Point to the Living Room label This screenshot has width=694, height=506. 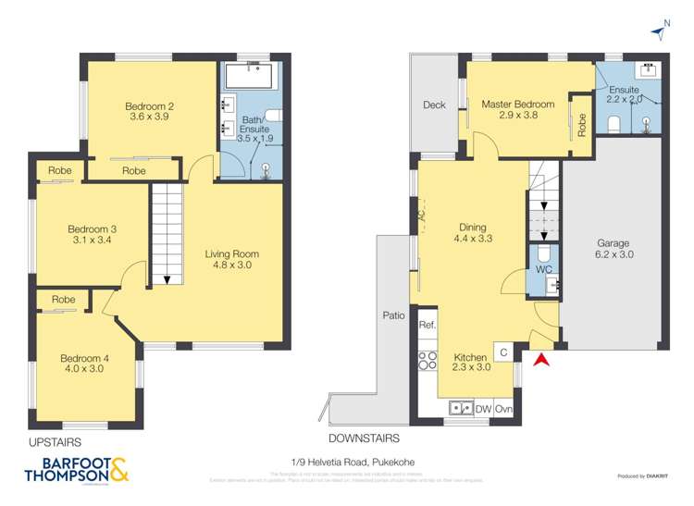pos(232,259)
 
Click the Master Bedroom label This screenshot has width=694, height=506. pos(517,111)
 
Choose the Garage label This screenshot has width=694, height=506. pos(613,249)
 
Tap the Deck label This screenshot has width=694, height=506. pos(434,105)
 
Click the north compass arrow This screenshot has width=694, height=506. pos(658,33)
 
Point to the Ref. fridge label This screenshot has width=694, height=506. pos(428,326)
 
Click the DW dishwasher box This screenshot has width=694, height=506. pos(483,409)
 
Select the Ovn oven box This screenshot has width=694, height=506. pos(503,409)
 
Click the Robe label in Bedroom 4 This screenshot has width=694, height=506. pos(63,300)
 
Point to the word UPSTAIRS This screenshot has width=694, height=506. pos(55,442)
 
